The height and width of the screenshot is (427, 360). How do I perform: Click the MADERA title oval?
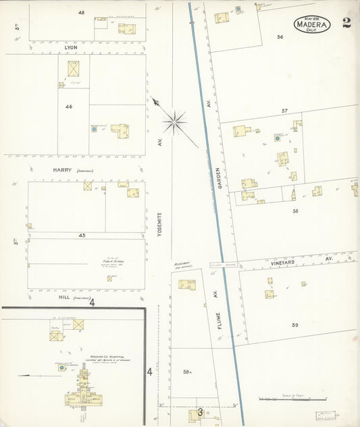313,25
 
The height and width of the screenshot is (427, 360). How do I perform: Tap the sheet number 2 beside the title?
346,23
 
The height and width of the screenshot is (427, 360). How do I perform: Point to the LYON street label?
72,47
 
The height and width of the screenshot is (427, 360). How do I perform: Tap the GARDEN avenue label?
218,180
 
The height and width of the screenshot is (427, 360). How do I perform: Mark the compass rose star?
174,122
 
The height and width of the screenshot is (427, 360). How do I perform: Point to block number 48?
81,13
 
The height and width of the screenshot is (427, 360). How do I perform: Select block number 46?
69,107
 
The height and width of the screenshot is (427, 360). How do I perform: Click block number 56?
280,37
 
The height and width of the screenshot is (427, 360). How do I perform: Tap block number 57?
284,110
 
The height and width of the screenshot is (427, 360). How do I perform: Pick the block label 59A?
188,372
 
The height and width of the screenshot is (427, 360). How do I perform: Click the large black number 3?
200,412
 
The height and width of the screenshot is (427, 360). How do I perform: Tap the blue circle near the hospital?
61,368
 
